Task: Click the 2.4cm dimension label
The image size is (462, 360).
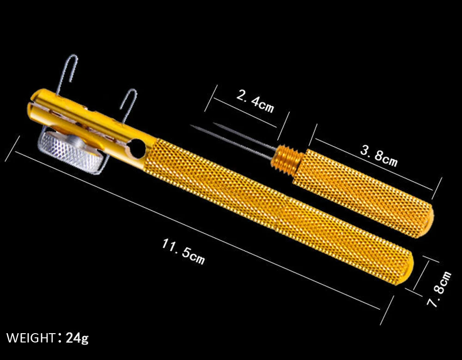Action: (255, 101)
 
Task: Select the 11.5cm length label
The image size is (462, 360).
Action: (183, 251)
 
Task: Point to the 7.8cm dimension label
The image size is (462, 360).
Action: (439, 289)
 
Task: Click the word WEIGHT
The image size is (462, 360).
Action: (30, 338)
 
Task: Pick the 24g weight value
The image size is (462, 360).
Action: (77, 338)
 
